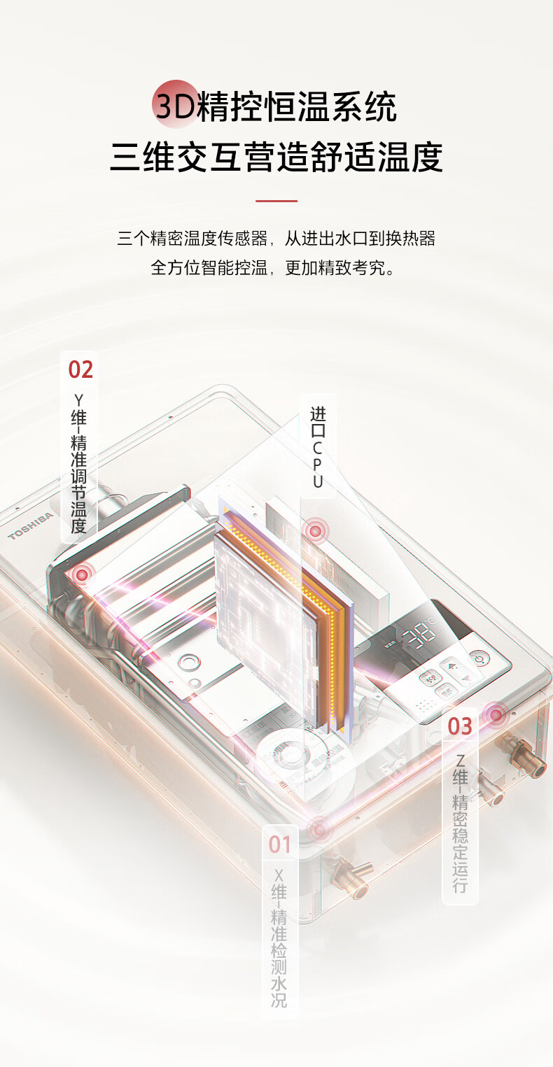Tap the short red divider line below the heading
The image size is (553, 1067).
tap(276, 201)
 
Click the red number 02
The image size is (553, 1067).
tap(80, 369)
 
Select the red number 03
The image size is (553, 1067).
tap(460, 726)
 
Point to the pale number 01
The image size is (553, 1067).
tap(280, 845)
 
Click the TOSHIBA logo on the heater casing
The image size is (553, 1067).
tap(30, 525)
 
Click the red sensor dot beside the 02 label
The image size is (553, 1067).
tap(83, 574)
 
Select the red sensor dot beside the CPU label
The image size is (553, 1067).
tap(316, 531)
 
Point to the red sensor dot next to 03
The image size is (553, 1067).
tap(496, 714)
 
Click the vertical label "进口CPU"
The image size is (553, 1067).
tap(318, 448)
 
